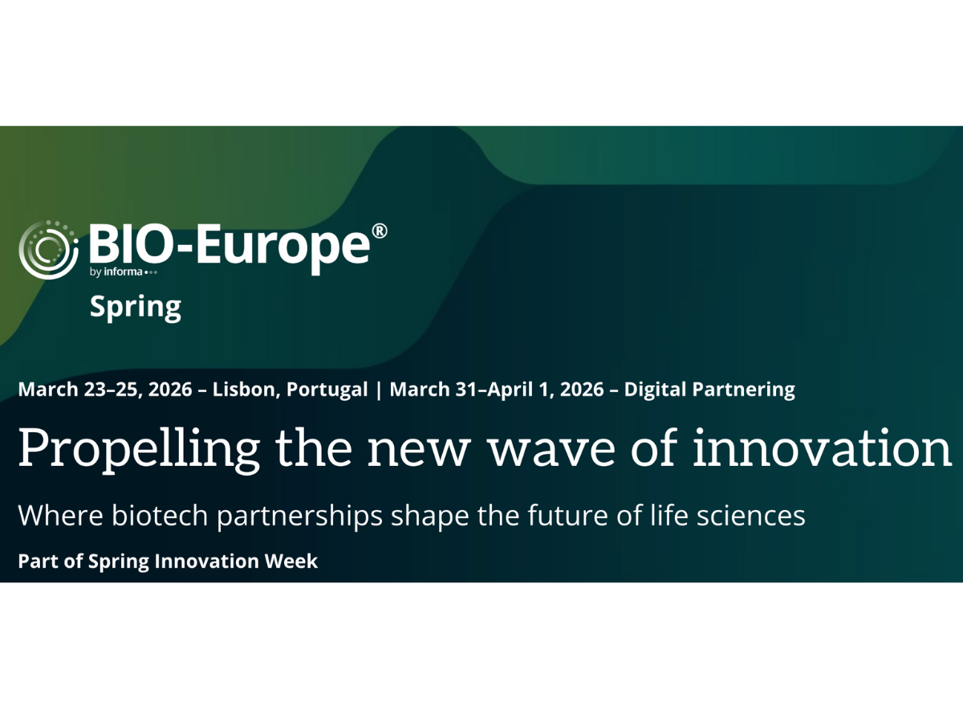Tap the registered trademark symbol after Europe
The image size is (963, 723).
click(380, 232)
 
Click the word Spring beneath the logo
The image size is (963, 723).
click(135, 308)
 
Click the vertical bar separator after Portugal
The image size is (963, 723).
click(379, 390)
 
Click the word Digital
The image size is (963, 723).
click(655, 390)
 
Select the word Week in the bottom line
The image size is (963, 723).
click(295, 562)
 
